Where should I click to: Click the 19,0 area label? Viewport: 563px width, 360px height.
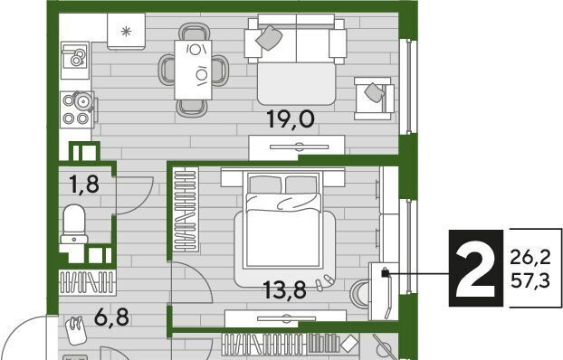pos(291,119)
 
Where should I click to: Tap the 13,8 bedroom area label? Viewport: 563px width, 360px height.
pos(285,290)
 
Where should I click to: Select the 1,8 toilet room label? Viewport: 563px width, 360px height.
pos(85,185)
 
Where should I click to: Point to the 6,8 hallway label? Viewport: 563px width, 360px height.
pos(111,317)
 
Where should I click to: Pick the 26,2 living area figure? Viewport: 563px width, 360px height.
pos(530,257)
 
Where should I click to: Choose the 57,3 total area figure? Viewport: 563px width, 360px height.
pos(530,280)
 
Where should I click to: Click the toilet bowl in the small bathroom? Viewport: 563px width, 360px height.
pos(74,224)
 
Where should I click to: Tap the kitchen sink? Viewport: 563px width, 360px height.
pos(75,60)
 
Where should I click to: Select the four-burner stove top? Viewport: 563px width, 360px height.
pos(77,109)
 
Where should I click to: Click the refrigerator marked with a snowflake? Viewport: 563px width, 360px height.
pos(126,32)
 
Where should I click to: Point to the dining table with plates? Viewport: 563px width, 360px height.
pos(193,70)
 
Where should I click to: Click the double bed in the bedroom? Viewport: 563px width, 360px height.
pos(283,220)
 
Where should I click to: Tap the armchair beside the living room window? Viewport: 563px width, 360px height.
pos(374,98)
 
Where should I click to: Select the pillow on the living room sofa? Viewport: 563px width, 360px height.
pos(269,37)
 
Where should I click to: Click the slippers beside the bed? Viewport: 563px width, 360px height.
pos(324,281)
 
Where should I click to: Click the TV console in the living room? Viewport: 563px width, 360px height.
pos(297,147)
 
